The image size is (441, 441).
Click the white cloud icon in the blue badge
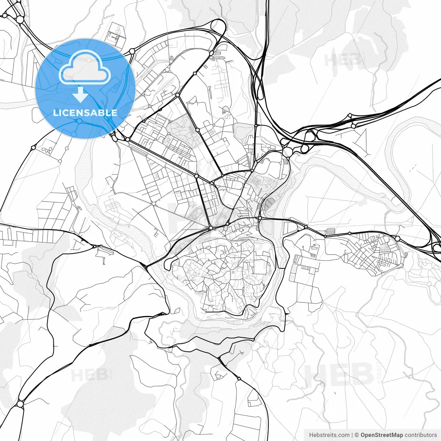coord(85,67)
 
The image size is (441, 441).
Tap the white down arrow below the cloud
coord(81,94)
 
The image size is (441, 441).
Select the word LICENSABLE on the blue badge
coord(85,113)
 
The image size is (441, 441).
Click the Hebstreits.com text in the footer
coord(329,435)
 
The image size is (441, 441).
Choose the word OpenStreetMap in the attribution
coord(382,435)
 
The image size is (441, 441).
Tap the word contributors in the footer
coord(421,435)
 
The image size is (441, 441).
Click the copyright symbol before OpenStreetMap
coord(357,435)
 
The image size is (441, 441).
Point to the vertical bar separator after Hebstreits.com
coord(352,435)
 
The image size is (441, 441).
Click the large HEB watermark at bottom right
coord(339,375)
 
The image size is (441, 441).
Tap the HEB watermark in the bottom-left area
coord(90,375)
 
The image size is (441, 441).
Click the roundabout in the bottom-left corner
coord(20,403)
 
